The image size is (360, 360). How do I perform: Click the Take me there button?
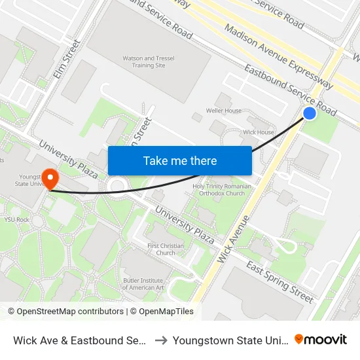click(x=180, y=160)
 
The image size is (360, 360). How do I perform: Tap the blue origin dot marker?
click(x=310, y=114)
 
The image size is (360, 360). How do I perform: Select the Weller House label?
click(x=224, y=111)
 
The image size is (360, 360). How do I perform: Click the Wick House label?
click(x=259, y=132)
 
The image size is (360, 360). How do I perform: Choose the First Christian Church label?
click(x=166, y=249)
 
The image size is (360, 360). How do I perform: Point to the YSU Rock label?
click(x=17, y=219)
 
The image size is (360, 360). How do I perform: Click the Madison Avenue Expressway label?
click(x=279, y=58)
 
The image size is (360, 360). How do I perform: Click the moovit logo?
click(x=320, y=339)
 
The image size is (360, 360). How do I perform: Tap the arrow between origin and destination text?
click(x=160, y=340)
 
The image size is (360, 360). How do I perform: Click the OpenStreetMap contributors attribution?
click(x=65, y=312)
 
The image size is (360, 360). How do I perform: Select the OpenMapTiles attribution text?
click(x=164, y=312)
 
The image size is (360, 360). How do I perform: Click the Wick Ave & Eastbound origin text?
click(x=79, y=340)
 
